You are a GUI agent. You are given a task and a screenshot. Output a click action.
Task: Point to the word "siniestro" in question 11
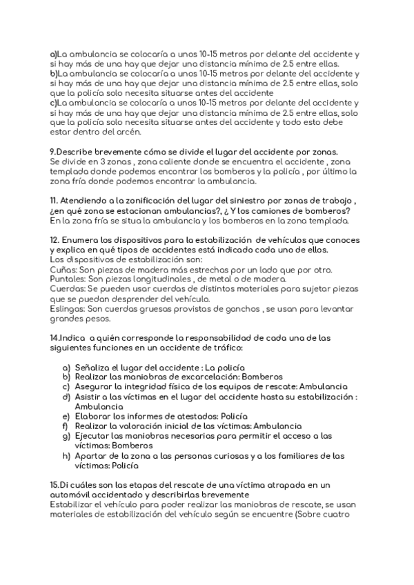pos(241,201)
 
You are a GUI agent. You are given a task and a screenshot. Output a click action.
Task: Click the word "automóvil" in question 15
pos(72,495)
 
